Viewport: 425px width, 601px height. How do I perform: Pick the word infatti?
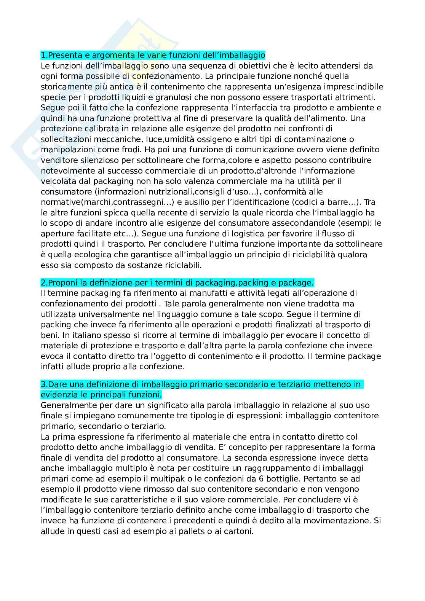coord(52,367)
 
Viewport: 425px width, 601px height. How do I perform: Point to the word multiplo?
coord(112,468)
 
